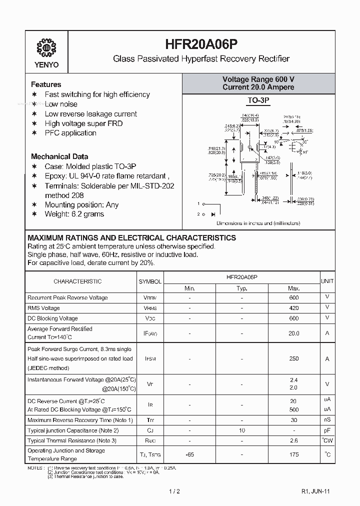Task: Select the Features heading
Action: click(x=46, y=84)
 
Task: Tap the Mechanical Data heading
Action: click(x=59, y=156)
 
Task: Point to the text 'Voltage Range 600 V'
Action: click(x=258, y=79)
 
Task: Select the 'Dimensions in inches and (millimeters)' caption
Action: click(x=258, y=223)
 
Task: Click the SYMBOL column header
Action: click(x=150, y=281)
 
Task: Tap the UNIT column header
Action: click(x=327, y=281)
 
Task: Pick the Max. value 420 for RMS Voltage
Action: click(x=293, y=308)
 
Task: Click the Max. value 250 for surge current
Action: click(x=293, y=358)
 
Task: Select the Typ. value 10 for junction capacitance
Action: click(x=242, y=430)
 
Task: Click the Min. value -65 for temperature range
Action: click(x=189, y=454)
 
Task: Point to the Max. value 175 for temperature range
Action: click(x=293, y=454)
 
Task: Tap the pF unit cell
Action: click(x=327, y=430)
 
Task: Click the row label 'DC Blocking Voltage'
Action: click(x=52, y=318)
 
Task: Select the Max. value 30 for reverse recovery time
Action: click(x=293, y=420)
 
